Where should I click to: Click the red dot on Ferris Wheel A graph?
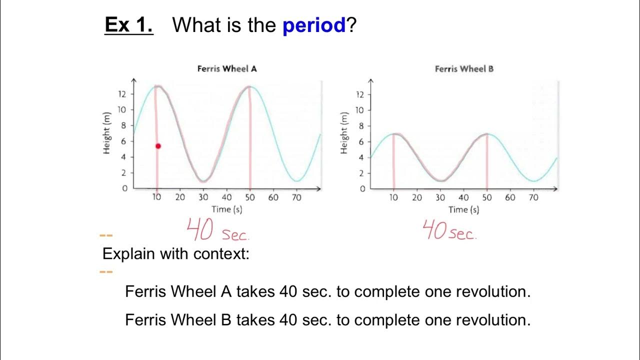pyautogui.click(x=158, y=146)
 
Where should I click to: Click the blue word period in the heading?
pyautogui.click(x=314, y=25)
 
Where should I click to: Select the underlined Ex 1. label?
pyautogui.click(x=128, y=25)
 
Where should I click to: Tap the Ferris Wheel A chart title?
pyautogui.click(x=227, y=69)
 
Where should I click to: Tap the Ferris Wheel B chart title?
pyautogui.click(x=464, y=69)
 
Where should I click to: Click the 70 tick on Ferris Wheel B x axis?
pyautogui.click(x=533, y=197)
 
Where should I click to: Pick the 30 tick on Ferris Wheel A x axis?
pyautogui.click(x=203, y=197)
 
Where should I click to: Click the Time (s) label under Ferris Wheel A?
pyautogui.click(x=226, y=209)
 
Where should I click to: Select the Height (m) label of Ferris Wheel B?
pyautogui.click(x=344, y=133)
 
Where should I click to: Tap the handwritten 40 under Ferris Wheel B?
pyautogui.click(x=434, y=230)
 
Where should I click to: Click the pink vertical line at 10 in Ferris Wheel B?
pyautogui.click(x=393, y=160)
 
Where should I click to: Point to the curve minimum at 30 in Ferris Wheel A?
pyautogui.click(x=202, y=180)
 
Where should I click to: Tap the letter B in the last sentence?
pyautogui.click(x=226, y=319)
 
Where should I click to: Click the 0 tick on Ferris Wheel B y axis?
pyautogui.click(x=362, y=189)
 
